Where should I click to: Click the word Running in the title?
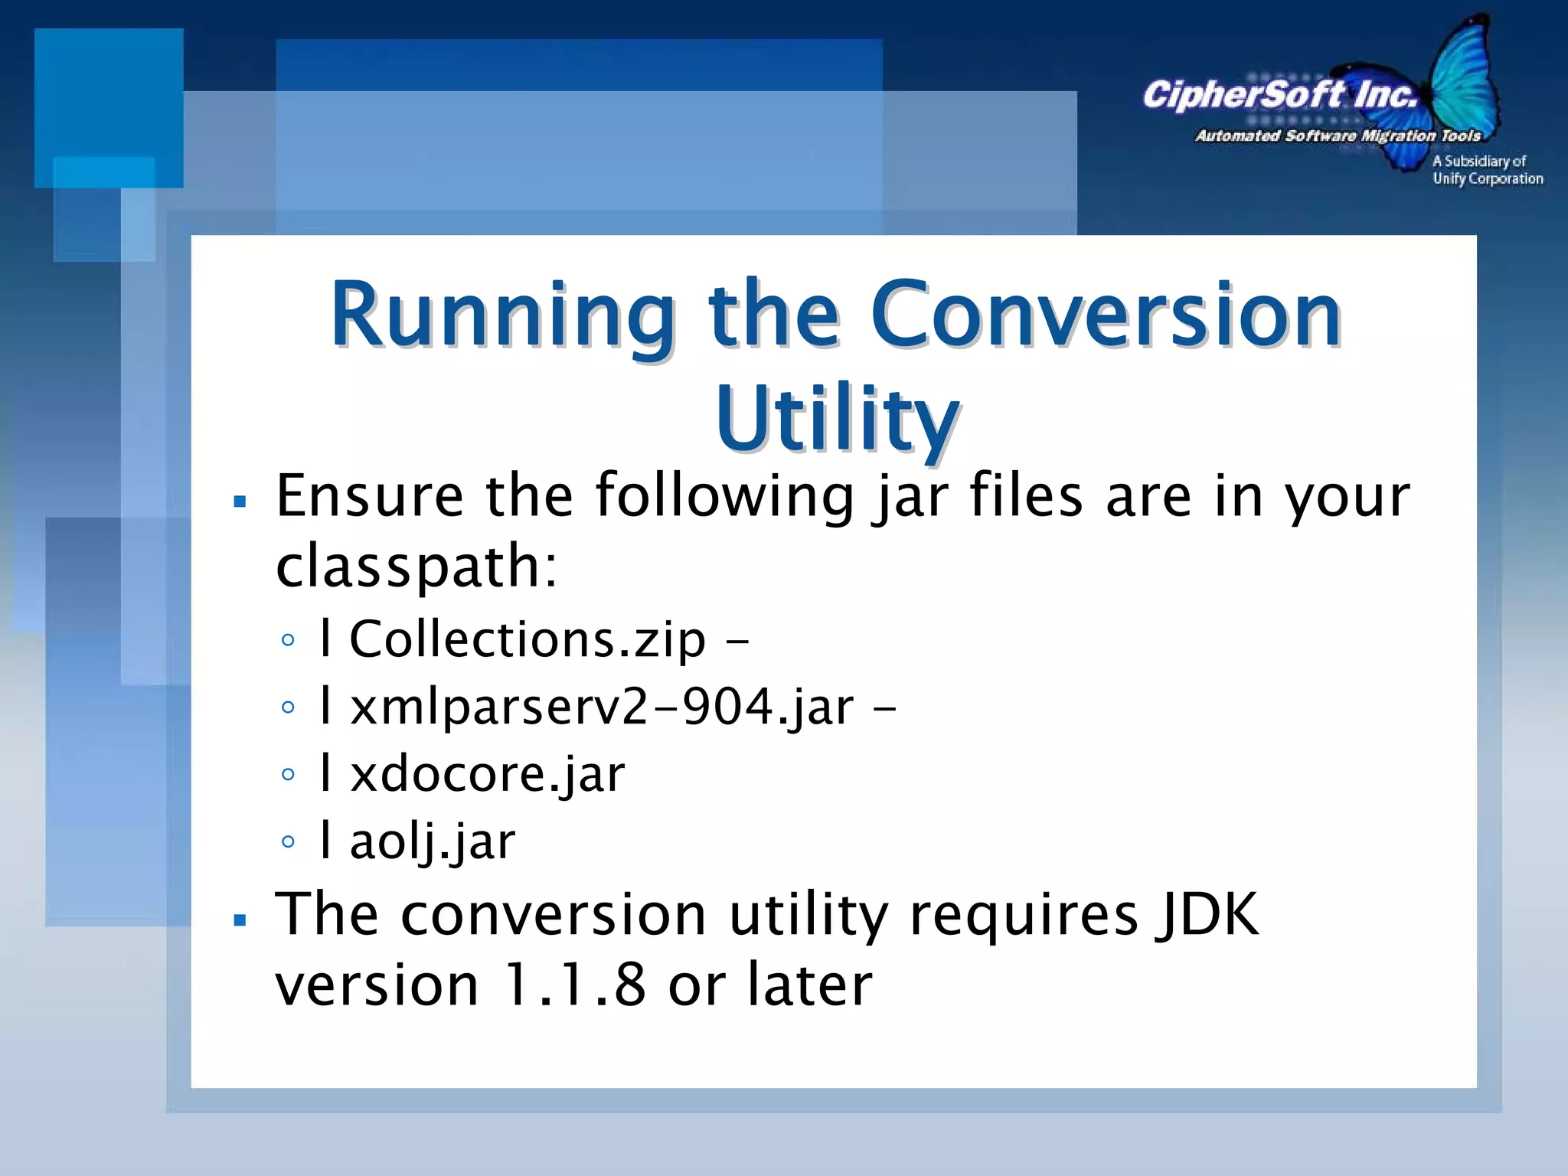pyautogui.click(x=501, y=315)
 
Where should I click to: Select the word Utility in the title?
pyautogui.click(x=836, y=419)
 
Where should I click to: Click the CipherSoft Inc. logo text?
pyautogui.click(x=1279, y=95)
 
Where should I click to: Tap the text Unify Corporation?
pyautogui.click(x=1487, y=178)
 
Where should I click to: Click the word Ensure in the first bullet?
pyautogui.click(x=369, y=495)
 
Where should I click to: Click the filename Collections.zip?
pyautogui.click(x=527, y=639)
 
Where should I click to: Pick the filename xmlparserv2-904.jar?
pyautogui.click(x=602, y=706)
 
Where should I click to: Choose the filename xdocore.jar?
pyautogui.click(x=487, y=773)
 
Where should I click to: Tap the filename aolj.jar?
pyautogui.click(x=433, y=841)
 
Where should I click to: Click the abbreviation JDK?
pyautogui.click(x=1207, y=913)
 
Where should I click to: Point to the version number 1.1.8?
pyautogui.click(x=574, y=984)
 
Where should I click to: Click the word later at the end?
pyautogui.click(x=809, y=984)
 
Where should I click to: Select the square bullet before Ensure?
pyautogui.click(x=240, y=502)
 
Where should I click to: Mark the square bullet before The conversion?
pyautogui.click(x=240, y=920)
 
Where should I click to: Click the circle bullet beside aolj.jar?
pyautogui.click(x=288, y=841)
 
